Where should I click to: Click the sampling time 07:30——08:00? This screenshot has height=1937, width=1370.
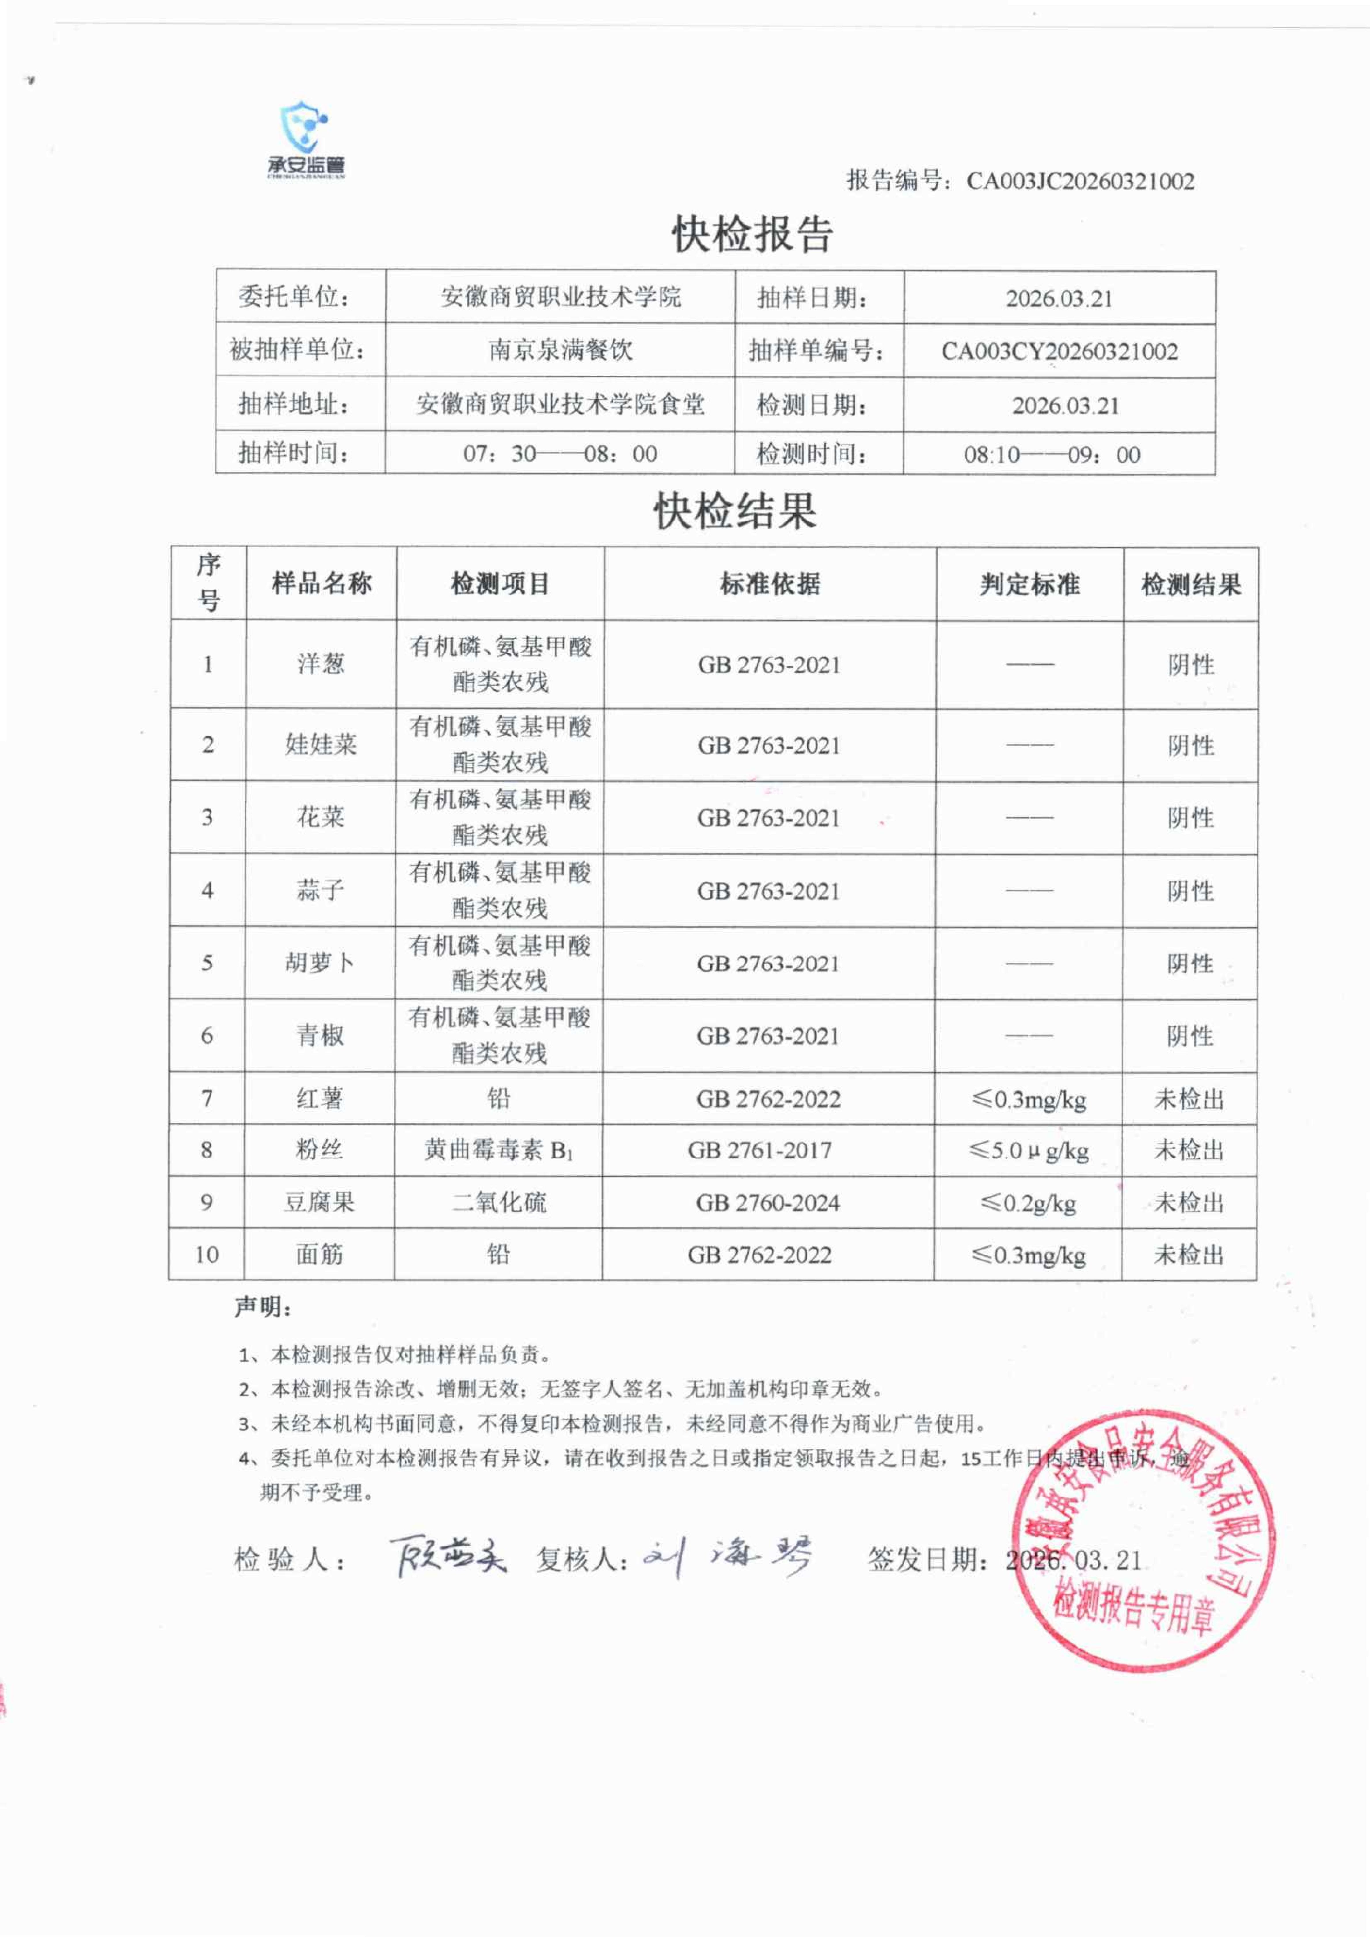pos(560,454)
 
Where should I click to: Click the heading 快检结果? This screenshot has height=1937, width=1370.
pos(735,511)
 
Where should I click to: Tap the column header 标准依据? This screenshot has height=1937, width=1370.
pos(769,584)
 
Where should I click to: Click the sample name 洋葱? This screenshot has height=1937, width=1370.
pos(321,664)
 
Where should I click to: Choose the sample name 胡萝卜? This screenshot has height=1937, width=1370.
pos(320,962)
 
